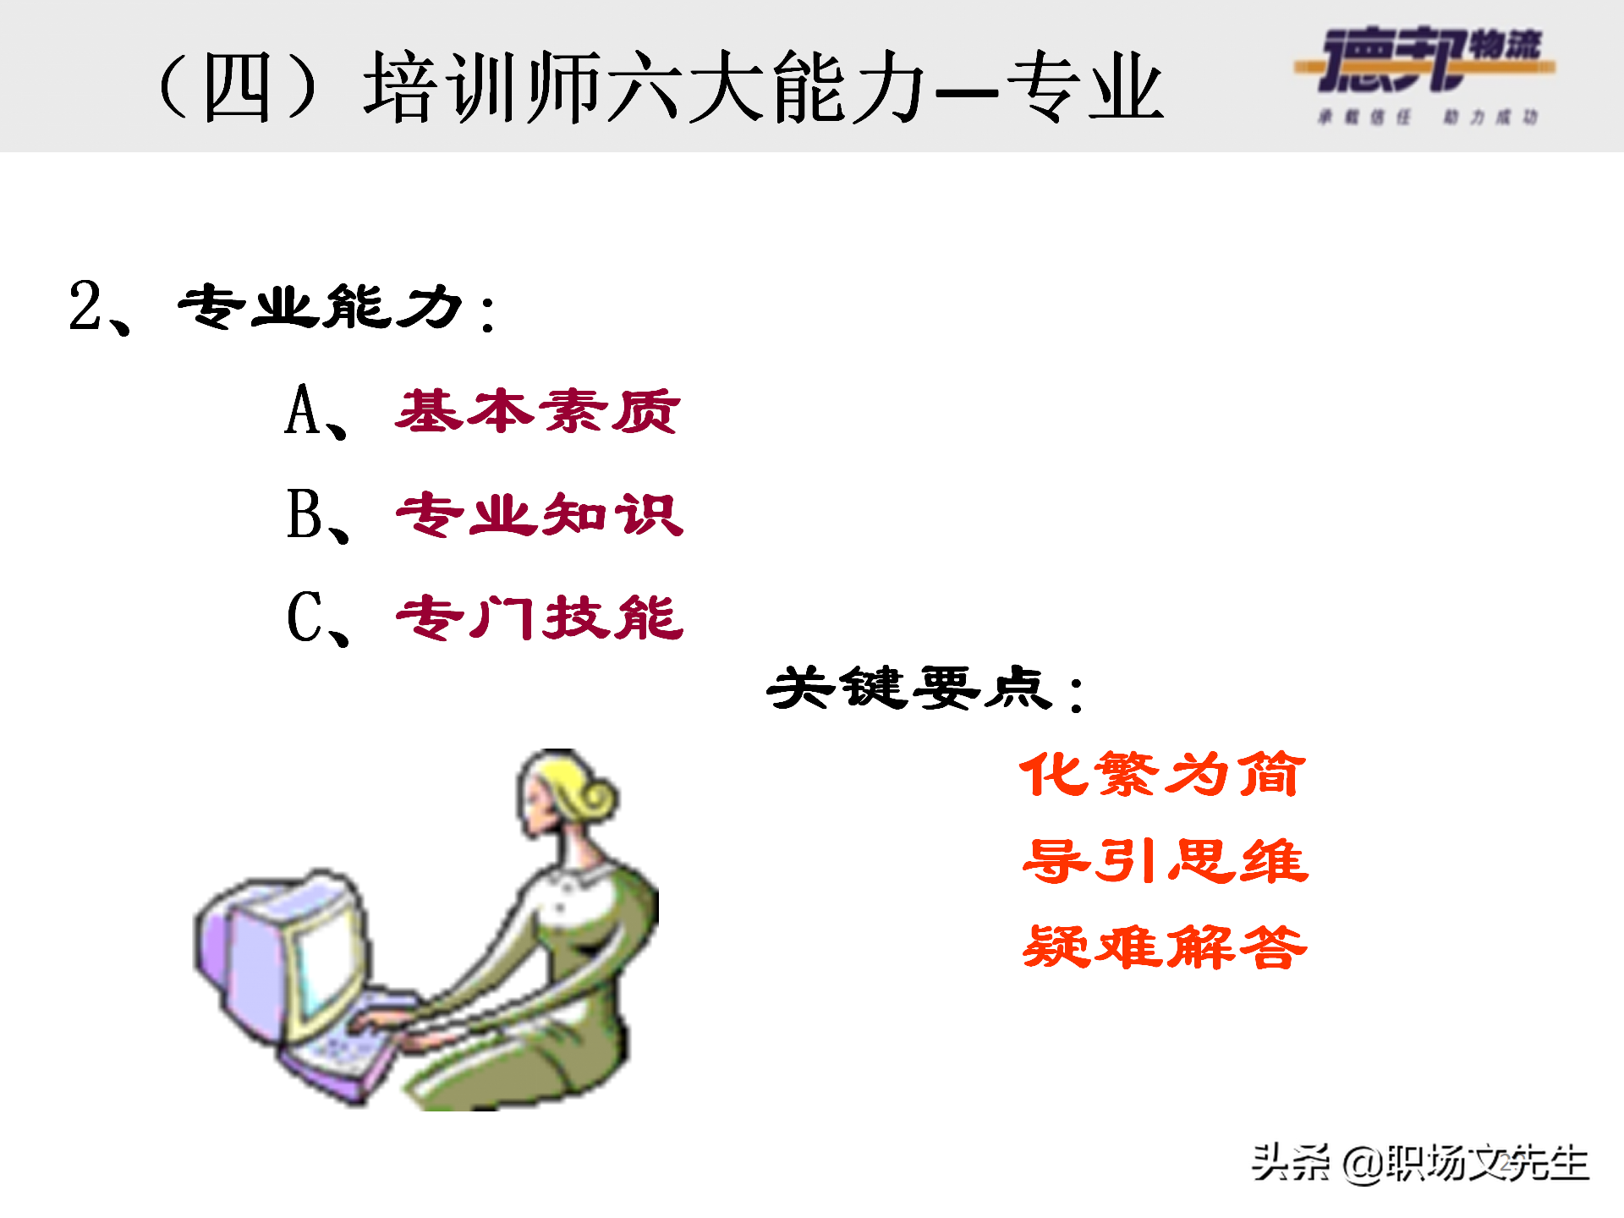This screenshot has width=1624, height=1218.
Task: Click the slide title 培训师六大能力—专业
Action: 761,86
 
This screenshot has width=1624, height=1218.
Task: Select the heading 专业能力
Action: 321,306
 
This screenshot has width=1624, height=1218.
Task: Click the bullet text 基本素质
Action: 538,411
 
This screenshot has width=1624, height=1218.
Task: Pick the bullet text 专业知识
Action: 540,514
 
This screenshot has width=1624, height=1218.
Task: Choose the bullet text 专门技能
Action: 540,617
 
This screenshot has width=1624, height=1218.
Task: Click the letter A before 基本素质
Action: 302,411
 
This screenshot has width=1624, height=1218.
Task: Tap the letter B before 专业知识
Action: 304,514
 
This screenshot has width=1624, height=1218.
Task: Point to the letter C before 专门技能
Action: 304,617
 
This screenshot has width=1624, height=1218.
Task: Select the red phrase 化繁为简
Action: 1163,774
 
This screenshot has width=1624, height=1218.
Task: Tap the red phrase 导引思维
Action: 1165,861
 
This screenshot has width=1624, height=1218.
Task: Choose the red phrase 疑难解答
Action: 1165,947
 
